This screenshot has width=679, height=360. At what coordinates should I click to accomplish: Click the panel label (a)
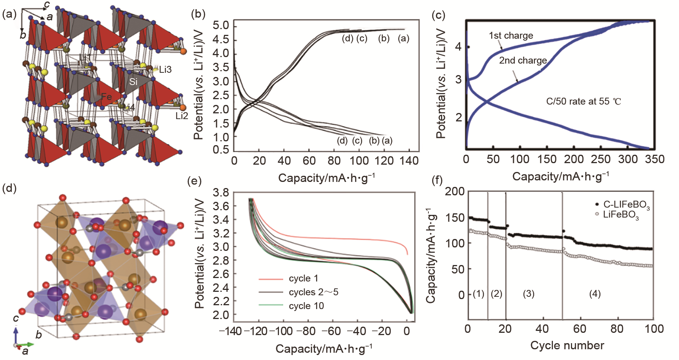[10, 15]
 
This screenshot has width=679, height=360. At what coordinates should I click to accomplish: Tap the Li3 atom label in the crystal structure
[165, 70]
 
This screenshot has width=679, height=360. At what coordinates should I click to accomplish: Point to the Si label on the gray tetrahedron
[133, 82]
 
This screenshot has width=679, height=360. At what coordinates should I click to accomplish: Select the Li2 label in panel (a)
[182, 116]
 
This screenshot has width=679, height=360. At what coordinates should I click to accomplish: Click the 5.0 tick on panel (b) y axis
[221, 26]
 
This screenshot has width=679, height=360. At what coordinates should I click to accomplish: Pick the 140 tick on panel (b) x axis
[409, 161]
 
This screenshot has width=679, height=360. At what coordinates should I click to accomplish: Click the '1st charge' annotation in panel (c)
[511, 36]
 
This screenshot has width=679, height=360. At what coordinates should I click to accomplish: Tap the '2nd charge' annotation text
[523, 61]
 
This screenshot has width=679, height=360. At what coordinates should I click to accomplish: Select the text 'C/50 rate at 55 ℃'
[584, 101]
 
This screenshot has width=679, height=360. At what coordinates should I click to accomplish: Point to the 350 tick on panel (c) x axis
[654, 159]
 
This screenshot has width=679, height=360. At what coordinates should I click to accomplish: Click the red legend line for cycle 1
[271, 279]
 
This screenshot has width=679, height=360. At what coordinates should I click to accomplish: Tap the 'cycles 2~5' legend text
[313, 292]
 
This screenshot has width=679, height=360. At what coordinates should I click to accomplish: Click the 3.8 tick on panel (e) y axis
[221, 192]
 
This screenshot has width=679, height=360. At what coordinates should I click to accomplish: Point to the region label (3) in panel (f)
[528, 294]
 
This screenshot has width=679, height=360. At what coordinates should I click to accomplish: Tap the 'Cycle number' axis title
[567, 345]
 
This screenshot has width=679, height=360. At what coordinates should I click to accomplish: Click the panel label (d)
[10, 188]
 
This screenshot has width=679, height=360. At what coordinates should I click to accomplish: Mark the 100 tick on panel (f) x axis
[654, 329]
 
